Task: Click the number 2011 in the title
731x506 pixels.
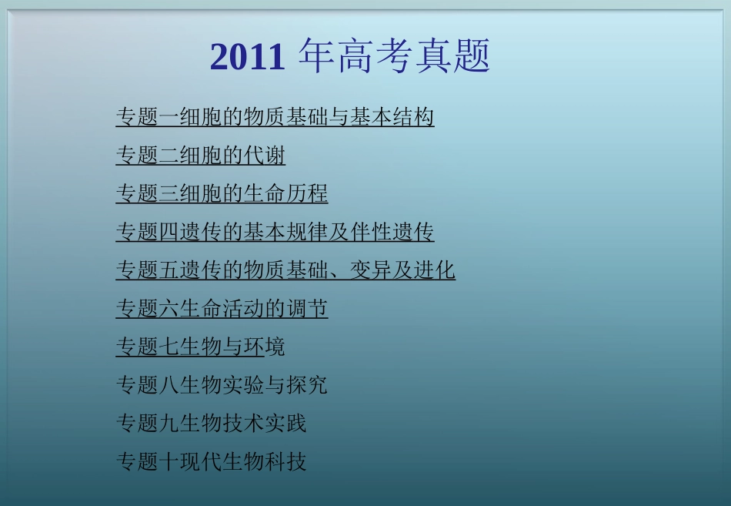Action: (x=247, y=58)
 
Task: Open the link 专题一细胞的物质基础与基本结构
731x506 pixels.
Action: (x=275, y=117)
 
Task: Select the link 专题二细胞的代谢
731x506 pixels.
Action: (x=200, y=156)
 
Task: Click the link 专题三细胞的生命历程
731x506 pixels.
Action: (x=222, y=194)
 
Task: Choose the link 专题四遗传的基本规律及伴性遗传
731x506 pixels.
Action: (x=275, y=232)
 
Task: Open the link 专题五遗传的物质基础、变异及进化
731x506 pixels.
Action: (x=285, y=270)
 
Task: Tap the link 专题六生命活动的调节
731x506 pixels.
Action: (x=222, y=309)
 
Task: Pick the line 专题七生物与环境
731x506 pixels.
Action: (x=200, y=347)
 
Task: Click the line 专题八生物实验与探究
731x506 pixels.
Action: (x=222, y=385)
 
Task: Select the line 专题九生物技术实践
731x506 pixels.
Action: (x=211, y=424)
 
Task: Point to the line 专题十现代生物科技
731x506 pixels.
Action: (x=211, y=462)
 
